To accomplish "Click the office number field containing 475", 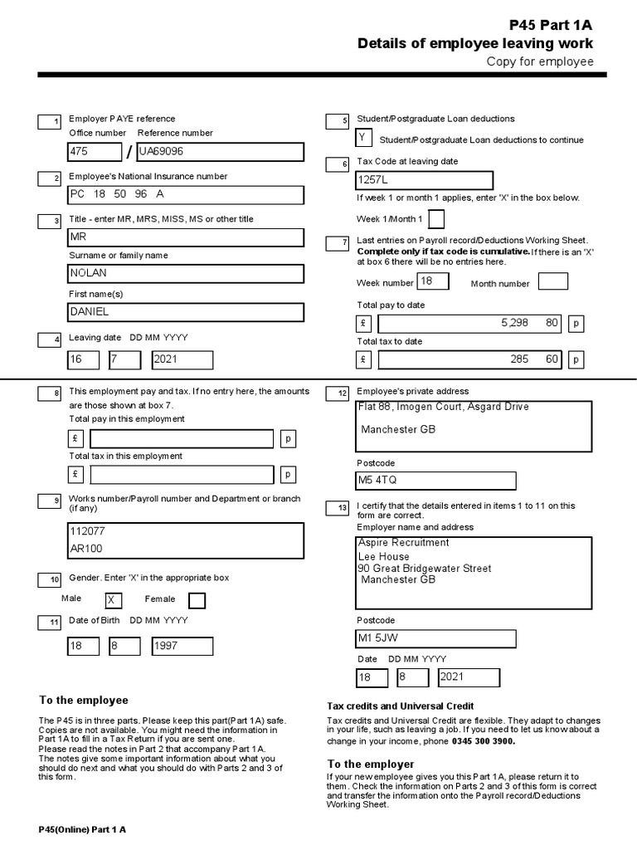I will tap(95, 152).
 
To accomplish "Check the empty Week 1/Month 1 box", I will tap(435, 219).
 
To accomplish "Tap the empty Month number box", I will tap(553, 282).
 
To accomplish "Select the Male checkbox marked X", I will tap(113, 600).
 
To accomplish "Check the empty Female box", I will tap(197, 600).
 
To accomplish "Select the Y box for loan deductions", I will tap(363, 139).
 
